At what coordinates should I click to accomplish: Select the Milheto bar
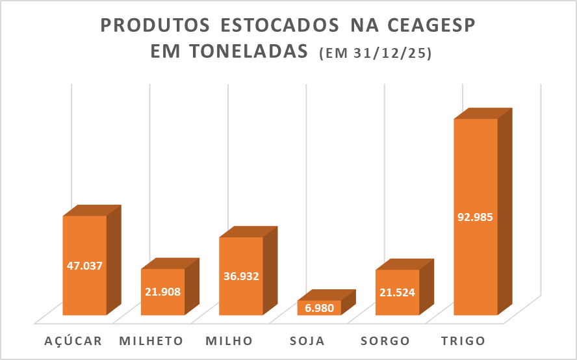162,305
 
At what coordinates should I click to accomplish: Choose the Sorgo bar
397,305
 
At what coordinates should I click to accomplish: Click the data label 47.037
84,265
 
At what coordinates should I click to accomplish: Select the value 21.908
162,292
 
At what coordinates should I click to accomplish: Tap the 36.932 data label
240,276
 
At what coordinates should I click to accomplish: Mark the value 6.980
319,308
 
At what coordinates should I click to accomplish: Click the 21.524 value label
397,292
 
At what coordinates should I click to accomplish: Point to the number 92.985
475,217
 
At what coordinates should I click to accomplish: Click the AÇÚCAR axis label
73,341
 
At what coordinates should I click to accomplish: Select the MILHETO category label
152,341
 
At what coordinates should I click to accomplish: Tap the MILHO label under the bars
229,341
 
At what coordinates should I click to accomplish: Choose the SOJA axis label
307,341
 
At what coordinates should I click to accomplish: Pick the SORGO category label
386,341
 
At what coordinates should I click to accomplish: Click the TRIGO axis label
462,341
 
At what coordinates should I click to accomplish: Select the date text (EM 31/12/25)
376,55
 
